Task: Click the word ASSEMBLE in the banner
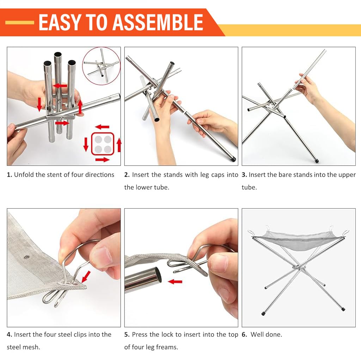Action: click(x=158, y=22)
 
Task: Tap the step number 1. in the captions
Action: click(x=10, y=175)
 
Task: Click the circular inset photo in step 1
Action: click(x=101, y=66)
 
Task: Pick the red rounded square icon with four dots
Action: click(x=103, y=144)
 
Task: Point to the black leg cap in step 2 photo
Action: click(x=233, y=159)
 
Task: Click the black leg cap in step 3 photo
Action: click(x=317, y=160)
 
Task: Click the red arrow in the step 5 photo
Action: click(x=175, y=282)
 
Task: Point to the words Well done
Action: click(x=267, y=335)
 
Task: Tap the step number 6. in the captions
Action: click(x=245, y=335)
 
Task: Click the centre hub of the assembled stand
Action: click(x=299, y=268)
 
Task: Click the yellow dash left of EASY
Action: click(x=20, y=23)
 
